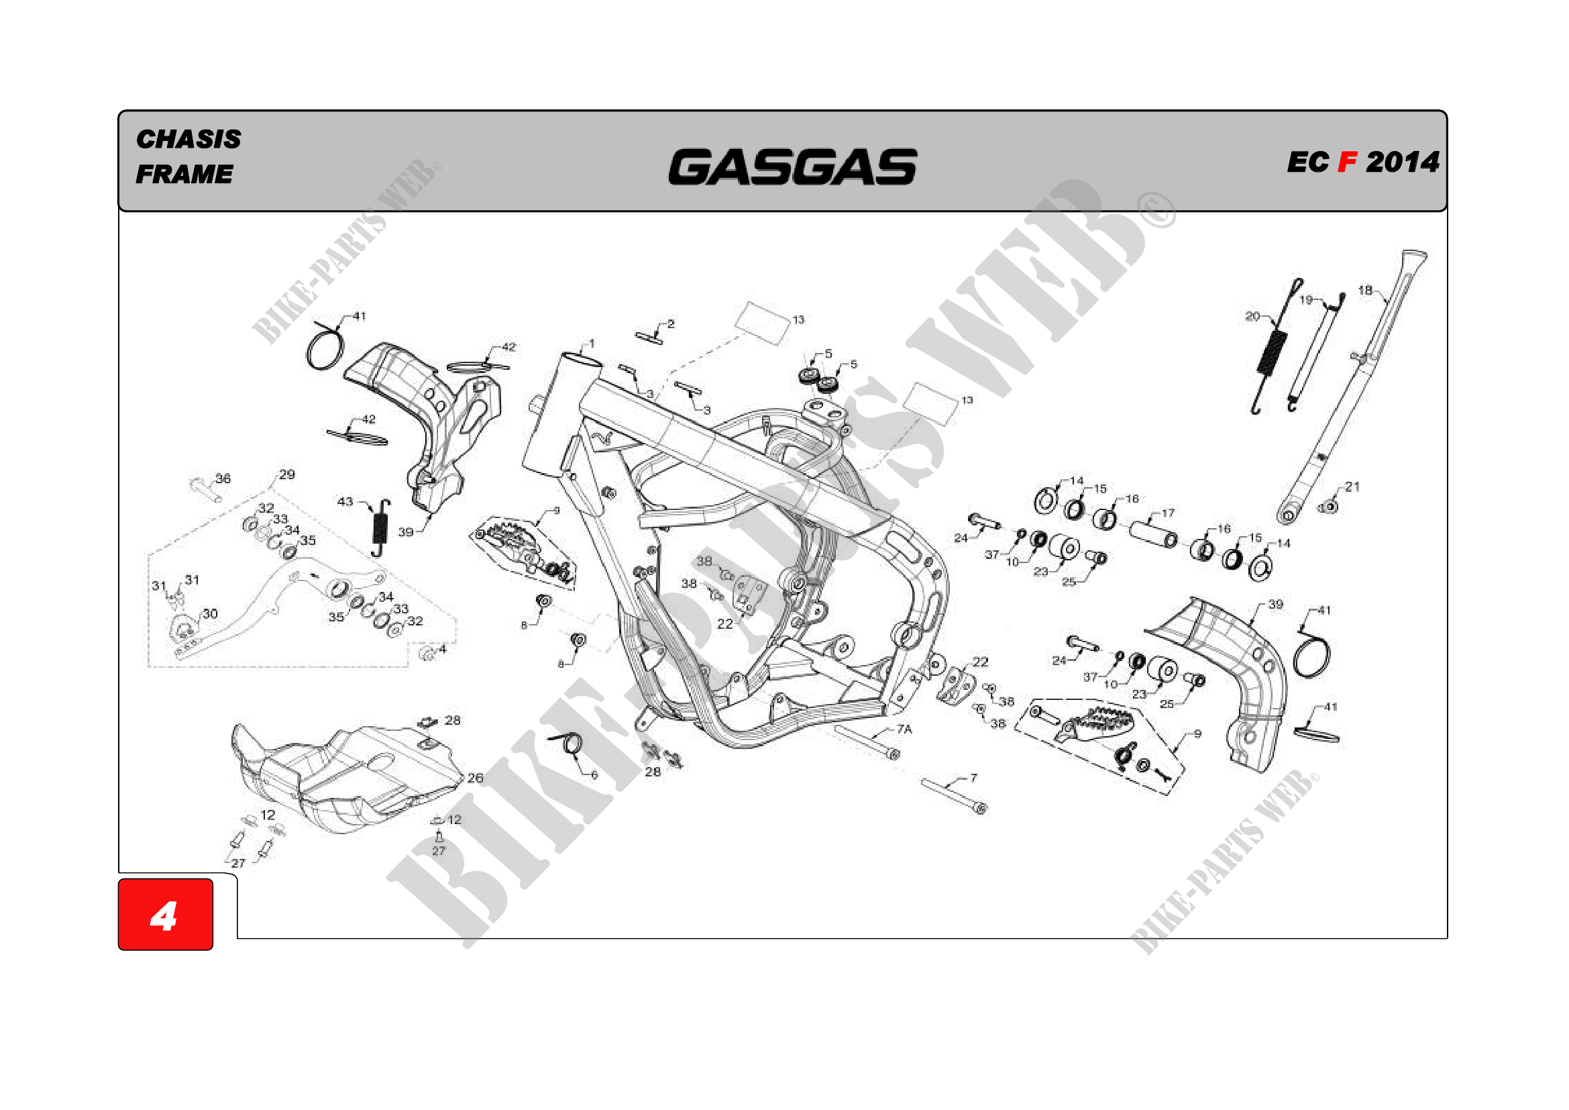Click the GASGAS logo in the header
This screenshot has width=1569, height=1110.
coord(792,168)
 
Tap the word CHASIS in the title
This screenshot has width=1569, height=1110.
coord(188,140)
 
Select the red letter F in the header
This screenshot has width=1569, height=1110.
coord(1347,162)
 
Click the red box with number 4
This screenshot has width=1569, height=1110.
coord(166,915)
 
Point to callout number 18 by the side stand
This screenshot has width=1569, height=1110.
coord(1364,291)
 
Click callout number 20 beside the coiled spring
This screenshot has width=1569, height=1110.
coord(1252,317)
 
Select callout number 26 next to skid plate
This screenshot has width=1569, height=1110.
coord(475,778)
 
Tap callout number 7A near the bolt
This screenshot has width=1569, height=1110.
coord(904,729)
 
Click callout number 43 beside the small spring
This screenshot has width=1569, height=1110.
coord(345,502)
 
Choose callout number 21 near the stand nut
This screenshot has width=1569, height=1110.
coord(1352,487)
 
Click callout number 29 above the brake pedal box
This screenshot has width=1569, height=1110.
coord(287,474)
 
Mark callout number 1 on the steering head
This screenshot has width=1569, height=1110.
coord(592,344)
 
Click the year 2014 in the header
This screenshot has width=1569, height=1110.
coord(1402,162)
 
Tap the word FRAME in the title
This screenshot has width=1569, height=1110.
coord(184,174)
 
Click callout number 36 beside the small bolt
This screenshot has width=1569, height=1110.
coord(223,478)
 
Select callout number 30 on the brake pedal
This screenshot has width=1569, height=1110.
coord(211,614)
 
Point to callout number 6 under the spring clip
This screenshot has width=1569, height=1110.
coord(594,775)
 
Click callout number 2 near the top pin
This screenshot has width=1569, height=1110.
coord(671,324)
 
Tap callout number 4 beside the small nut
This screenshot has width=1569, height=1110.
coord(443,649)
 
